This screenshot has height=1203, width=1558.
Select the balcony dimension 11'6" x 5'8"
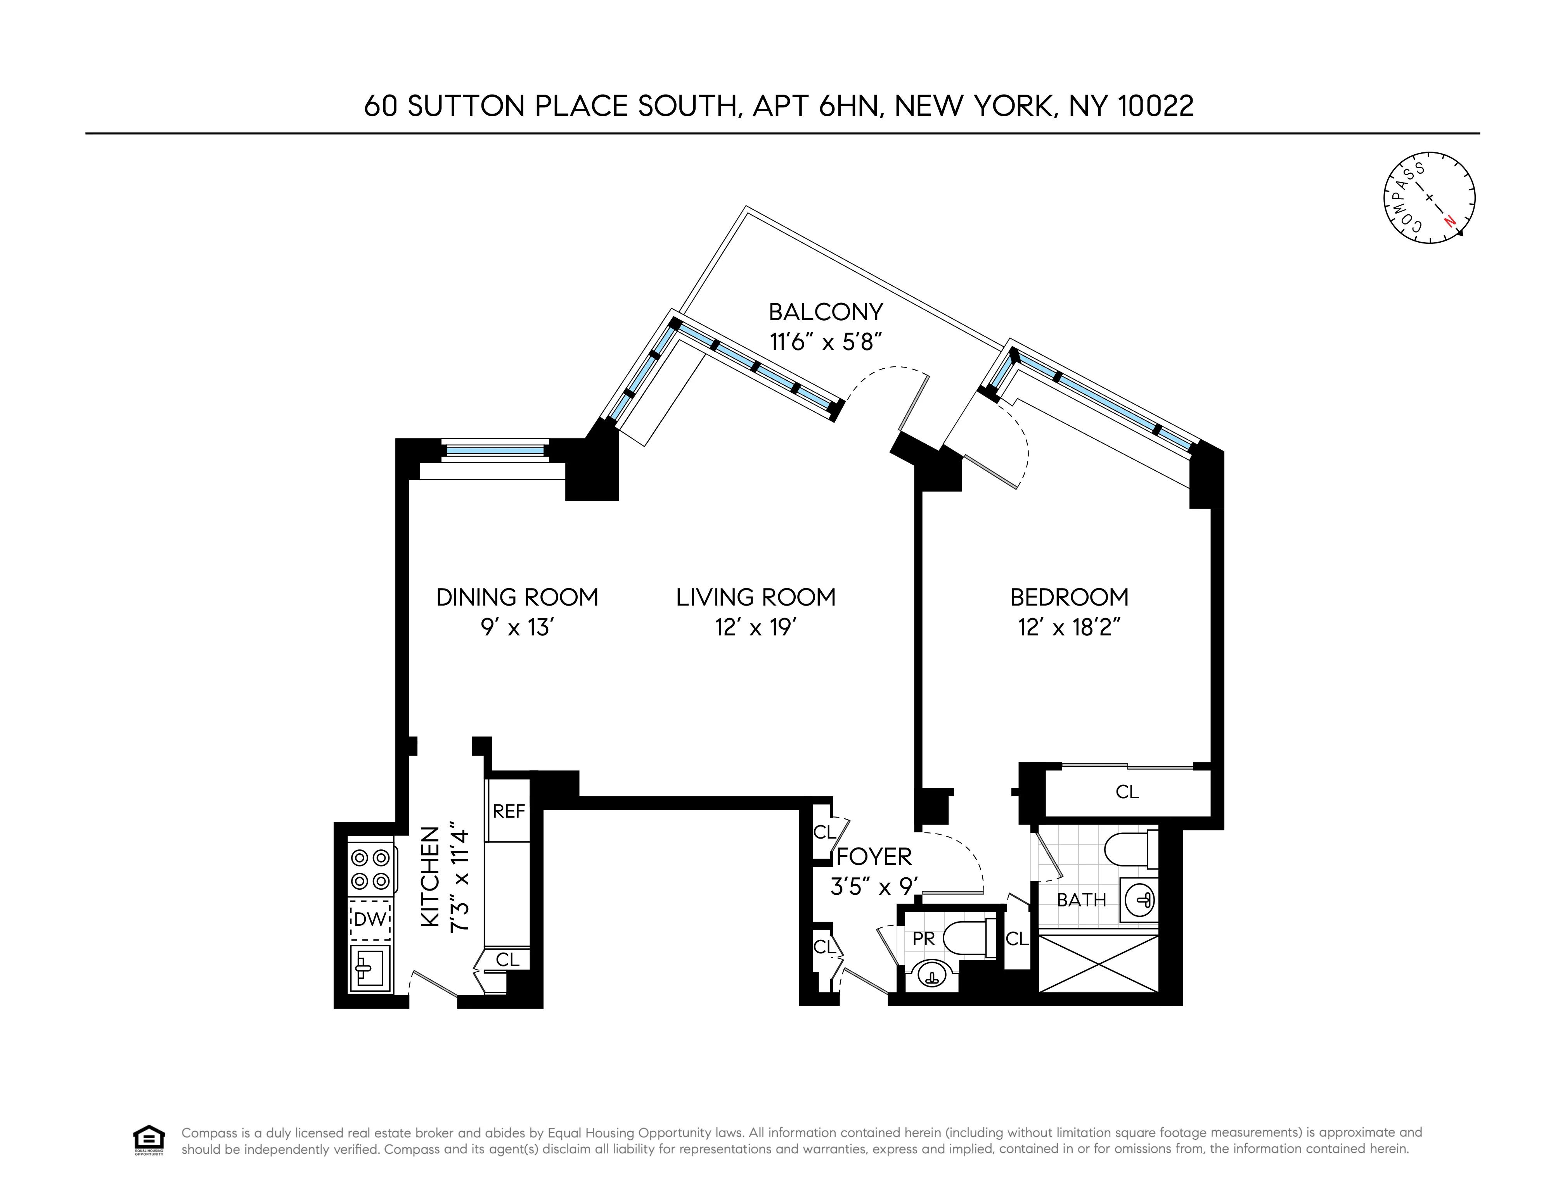pos(826,342)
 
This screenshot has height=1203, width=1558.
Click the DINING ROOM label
pos(517,597)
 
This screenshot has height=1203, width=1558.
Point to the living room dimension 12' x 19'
pos(755,628)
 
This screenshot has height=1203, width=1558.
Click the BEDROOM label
pos(1069,597)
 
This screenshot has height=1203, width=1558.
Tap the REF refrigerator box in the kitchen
pos(509,811)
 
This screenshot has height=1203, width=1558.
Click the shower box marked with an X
pos(1099,964)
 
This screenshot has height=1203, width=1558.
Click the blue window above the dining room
pos(494,450)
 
